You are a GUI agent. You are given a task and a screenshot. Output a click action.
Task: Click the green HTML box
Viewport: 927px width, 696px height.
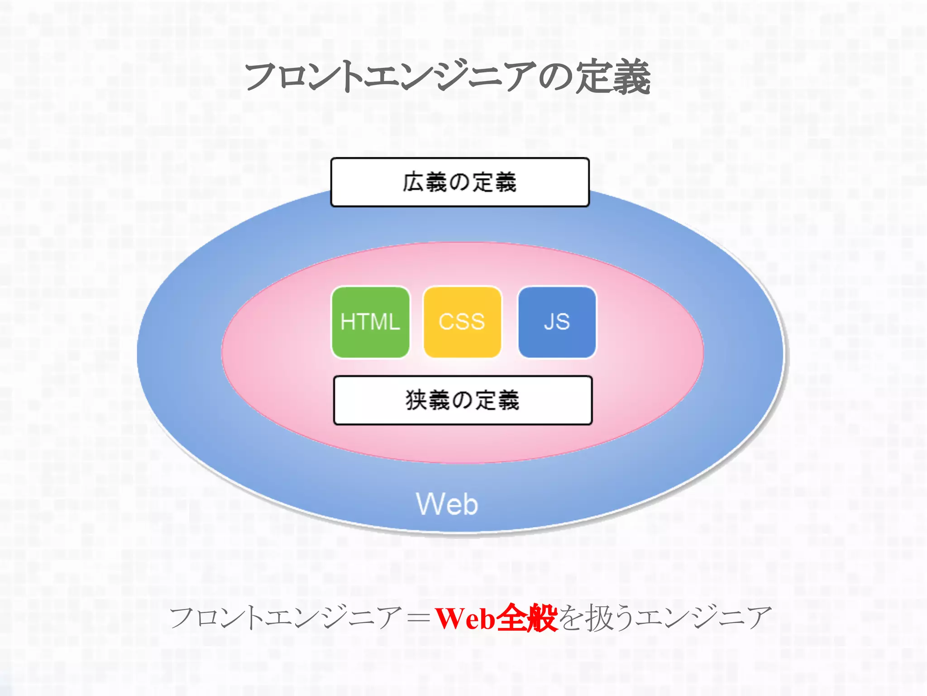point(370,322)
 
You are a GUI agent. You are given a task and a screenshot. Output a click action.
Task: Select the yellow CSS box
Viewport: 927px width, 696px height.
point(462,322)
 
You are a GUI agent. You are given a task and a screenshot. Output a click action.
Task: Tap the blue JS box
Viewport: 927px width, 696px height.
point(557,322)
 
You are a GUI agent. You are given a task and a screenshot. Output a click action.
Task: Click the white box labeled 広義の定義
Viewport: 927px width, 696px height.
point(460,182)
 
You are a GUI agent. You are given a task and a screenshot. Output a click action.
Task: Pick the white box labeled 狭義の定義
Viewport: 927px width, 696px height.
point(463,400)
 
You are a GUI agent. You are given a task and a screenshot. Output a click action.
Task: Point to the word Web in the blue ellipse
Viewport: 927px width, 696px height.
point(447,504)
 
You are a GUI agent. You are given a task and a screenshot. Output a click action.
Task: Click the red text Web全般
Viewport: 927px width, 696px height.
point(496,618)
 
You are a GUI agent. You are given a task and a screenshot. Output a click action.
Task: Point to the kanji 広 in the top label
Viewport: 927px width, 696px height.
point(413,182)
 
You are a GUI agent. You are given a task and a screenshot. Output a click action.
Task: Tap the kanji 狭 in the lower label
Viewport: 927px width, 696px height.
point(416,400)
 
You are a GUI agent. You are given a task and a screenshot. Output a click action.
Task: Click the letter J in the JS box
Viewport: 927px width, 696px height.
point(550,322)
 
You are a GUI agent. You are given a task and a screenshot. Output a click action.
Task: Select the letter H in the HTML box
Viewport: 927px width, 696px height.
point(348,322)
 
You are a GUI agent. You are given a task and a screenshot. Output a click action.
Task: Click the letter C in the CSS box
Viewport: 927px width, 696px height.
point(446,322)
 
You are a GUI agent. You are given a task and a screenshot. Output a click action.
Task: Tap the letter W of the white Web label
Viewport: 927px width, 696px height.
point(427,504)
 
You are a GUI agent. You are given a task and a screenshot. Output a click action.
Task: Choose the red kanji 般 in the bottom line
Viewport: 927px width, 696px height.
point(542,618)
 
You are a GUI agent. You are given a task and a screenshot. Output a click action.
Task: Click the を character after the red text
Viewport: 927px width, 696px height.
point(571,618)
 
